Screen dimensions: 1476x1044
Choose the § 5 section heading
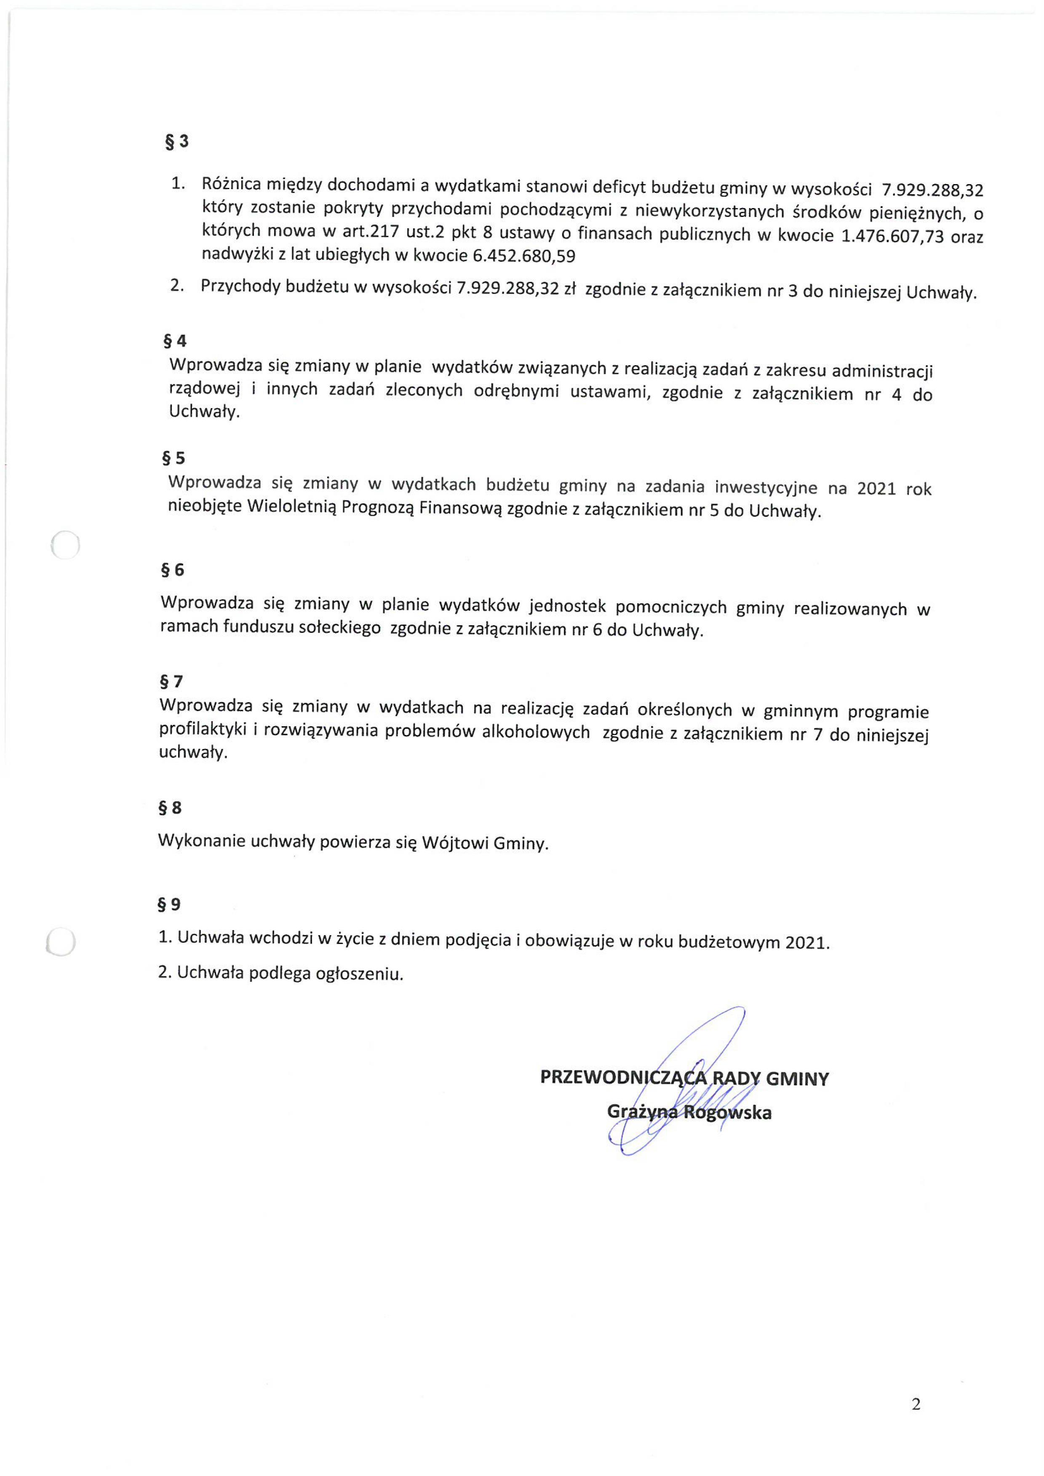pos(173,458)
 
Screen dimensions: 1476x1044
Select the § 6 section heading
pos(172,570)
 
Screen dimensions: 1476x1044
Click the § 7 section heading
pos(171,682)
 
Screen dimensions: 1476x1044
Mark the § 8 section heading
pos(170,808)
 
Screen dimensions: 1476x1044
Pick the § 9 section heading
pos(169,904)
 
